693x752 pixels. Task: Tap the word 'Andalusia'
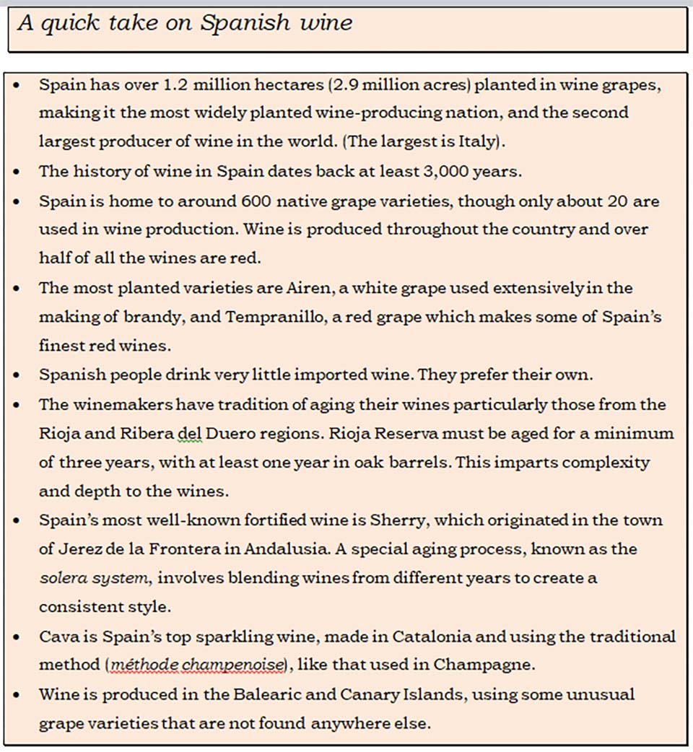pos(287,549)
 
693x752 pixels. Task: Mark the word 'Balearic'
pos(275,694)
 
